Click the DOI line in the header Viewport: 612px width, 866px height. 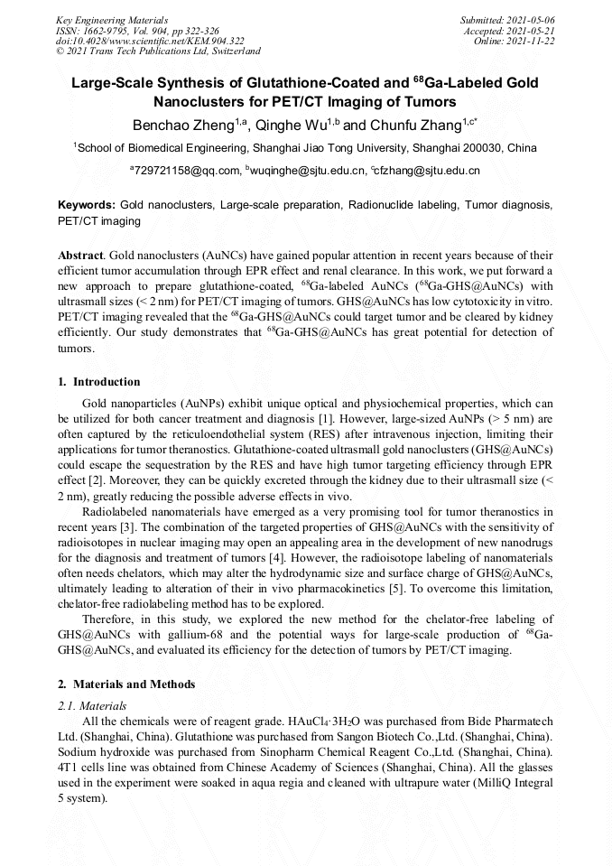[x=150, y=41]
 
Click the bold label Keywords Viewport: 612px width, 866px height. [x=86, y=206]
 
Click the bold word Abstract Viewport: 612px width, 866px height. [x=79, y=256]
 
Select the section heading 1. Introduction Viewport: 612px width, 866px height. [x=99, y=382]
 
